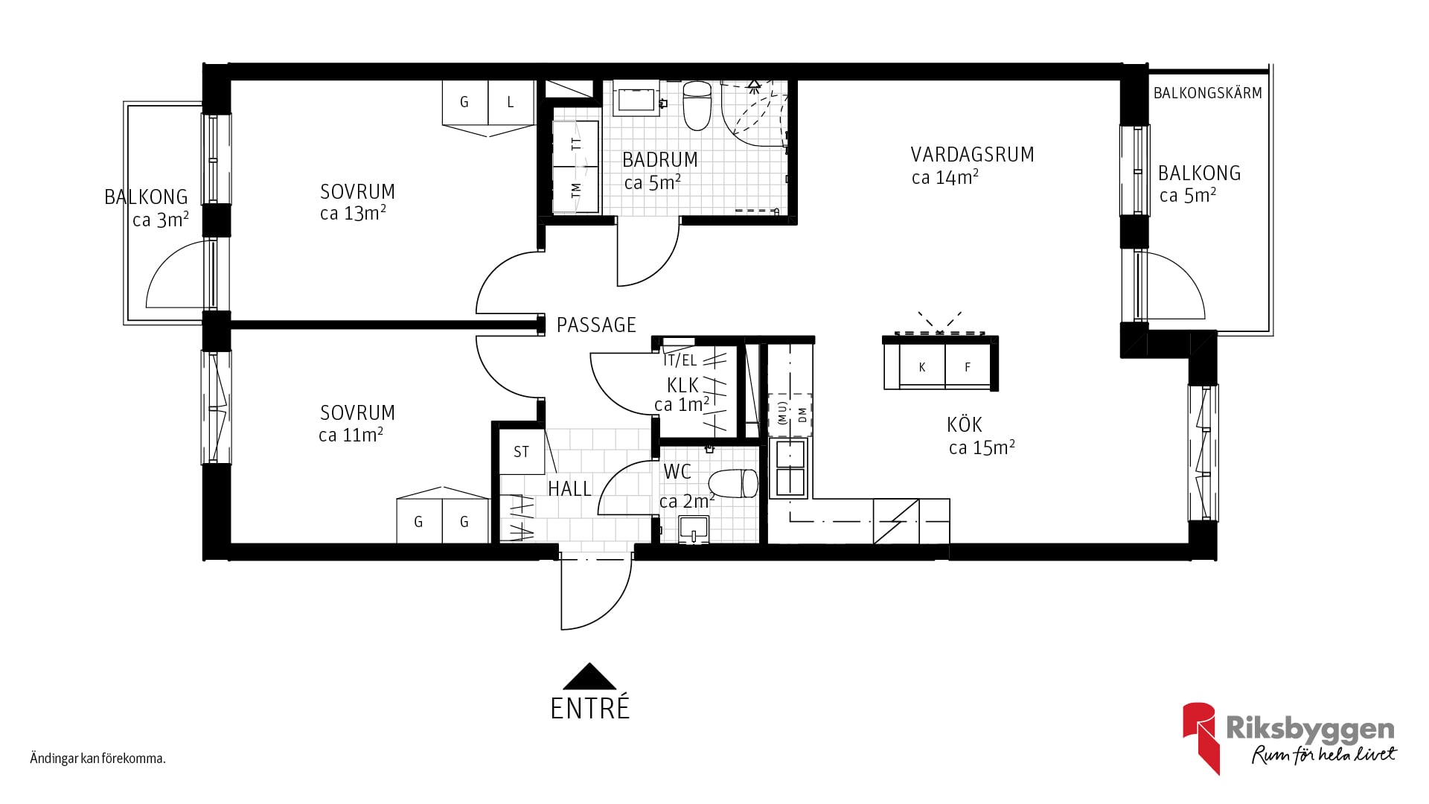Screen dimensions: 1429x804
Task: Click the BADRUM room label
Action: pyautogui.click(x=660, y=160)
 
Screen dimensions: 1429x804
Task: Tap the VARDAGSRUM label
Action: pyautogui.click(x=973, y=155)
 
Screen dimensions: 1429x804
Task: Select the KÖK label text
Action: pyautogui.click(x=965, y=425)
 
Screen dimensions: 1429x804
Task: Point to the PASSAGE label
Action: pyautogui.click(x=596, y=325)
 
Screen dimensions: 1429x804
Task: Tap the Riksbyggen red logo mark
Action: pyautogui.click(x=1201, y=738)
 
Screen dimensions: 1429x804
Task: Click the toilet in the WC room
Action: pyautogui.click(x=732, y=484)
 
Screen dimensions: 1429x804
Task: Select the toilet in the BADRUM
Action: pyautogui.click(x=697, y=106)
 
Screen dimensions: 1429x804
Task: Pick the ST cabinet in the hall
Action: pyautogui.click(x=521, y=452)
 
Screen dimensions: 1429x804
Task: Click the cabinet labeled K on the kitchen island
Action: pyautogui.click(x=922, y=367)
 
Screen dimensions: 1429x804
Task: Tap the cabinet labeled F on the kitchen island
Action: pyautogui.click(x=968, y=367)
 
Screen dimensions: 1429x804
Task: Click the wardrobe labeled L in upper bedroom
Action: pyautogui.click(x=511, y=103)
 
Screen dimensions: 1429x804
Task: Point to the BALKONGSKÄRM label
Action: pyautogui.click(x=1207, y=93)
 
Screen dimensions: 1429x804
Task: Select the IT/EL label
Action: pyautogui.click(x=680, y=361)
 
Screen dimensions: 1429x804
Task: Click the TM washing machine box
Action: pyautogui.click(x=576, y=191)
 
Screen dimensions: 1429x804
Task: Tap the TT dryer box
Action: pyautogui.click(x=576, y=144)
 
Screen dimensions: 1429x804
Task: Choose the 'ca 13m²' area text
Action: pyautogui.click(x=353, y=214)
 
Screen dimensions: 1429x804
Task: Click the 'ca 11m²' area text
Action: pyautogui.click(x=351, y=435)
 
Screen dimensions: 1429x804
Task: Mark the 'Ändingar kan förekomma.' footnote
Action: pyautogui.click(x=97, y=759)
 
